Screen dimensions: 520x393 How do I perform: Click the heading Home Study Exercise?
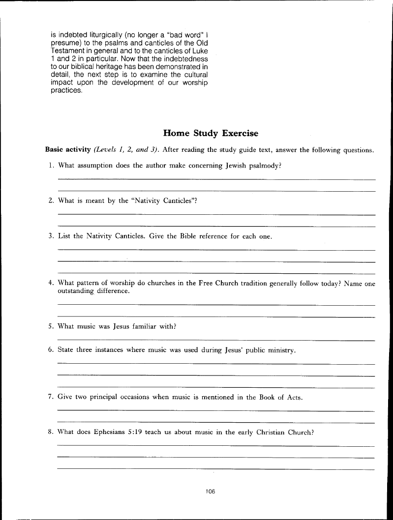click(211, 133)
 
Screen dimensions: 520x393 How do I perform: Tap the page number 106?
click(211, 491)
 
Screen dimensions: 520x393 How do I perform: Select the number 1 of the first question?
click(52, 166)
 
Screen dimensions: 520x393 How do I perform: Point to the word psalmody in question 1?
click(264, 166)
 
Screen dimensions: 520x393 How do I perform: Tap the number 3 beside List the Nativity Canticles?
click(51, 236)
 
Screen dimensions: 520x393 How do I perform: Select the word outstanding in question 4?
click(76, 291)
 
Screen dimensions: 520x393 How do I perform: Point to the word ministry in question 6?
click(280, 350)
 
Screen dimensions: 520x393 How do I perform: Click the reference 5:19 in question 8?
click(136, 433)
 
